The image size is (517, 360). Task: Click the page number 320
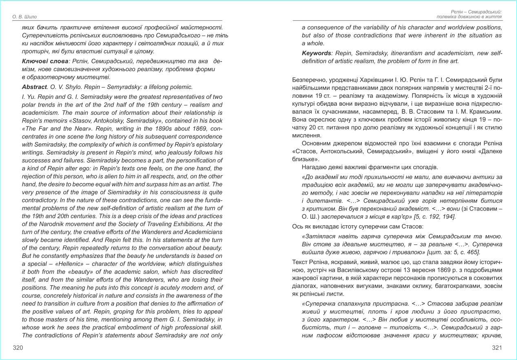click(x=18, y=348)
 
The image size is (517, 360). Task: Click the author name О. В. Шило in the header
click(x=25, y=17)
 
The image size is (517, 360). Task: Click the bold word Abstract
click(x=34, y=87)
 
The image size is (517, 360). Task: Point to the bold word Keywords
click(x=316, y=53)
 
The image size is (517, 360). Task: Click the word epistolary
click(x=208, y=144)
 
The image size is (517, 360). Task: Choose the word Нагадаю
click(x=314, y=167)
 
